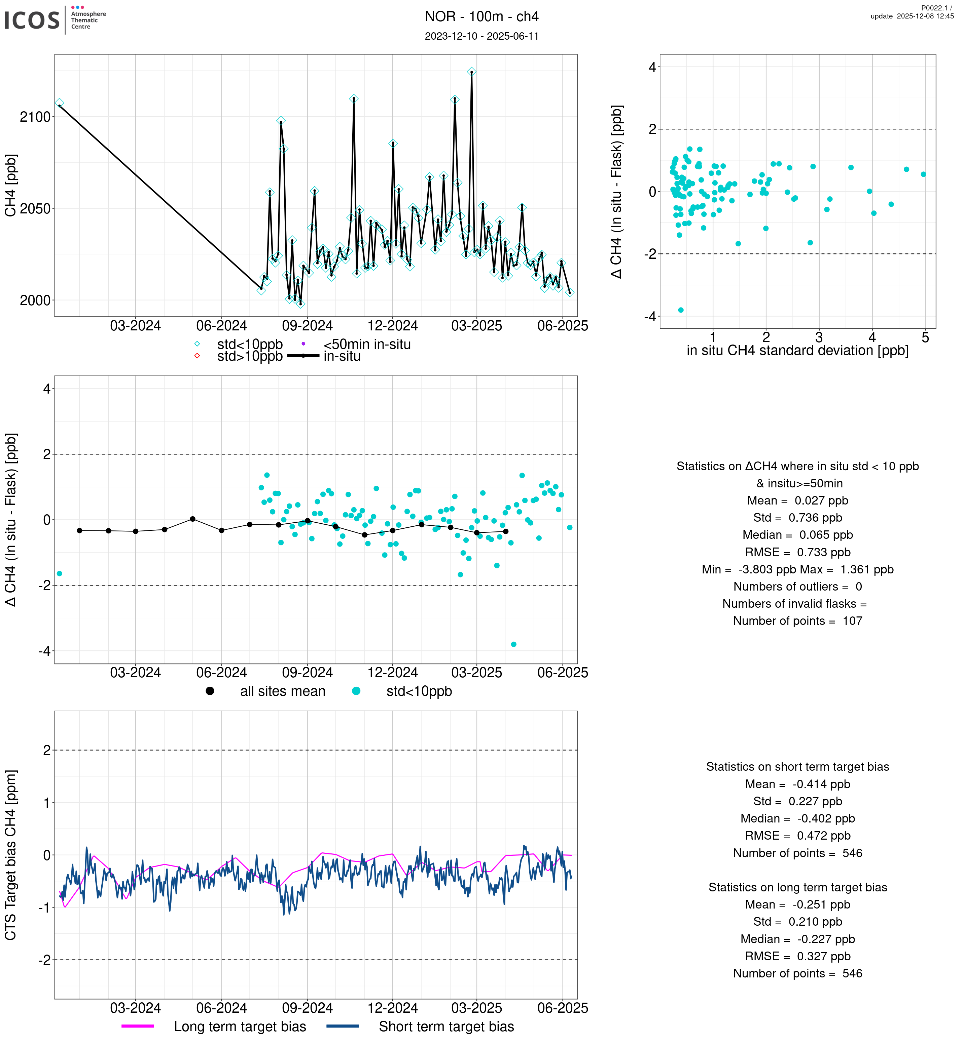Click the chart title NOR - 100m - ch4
tap(481, 17)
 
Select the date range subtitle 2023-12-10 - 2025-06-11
tap(481, 36)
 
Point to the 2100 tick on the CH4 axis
tap(35, 117)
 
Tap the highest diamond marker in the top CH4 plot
tap(471, 71)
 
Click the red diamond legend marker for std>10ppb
tap(197, 356)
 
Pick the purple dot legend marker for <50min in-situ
tap(303, 344)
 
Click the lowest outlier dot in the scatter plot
tap(681, 310)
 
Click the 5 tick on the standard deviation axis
tap(925, 338)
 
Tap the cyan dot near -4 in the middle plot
tap(514, 644)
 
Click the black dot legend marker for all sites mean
tap(210, 691)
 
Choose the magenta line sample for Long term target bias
tap(138, 1026)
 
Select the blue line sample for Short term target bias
tap(343, 1026)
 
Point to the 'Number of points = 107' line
tap(797, 621)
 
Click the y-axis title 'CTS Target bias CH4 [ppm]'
tap(11, 855)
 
